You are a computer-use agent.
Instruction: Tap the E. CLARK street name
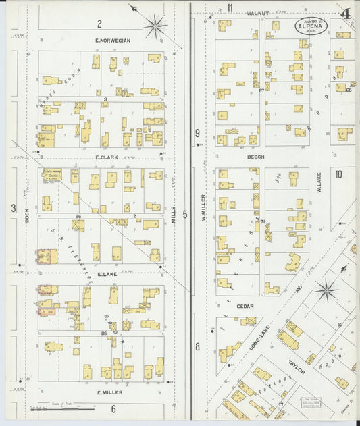(x=107, y=157)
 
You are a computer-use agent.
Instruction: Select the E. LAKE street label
(x=107, y=274)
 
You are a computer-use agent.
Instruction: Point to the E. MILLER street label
(x=109, y=392)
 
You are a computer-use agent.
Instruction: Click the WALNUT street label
(x=257, y=13)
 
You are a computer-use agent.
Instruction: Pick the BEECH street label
(x=255, y=157)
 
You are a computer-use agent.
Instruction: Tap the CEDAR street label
(x=245, y=306)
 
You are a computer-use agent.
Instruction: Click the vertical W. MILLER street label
(x=202, y=207)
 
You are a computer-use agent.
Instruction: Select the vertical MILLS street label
(x=174, y=214)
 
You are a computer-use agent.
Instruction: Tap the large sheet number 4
(x=345, y=14)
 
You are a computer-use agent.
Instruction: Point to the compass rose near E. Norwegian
(x=155, y=26)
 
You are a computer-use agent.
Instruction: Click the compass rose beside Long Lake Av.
(x=326, y=291)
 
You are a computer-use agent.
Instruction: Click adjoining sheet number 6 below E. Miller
(x=113, y=408)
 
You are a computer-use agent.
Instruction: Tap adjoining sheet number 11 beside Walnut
(x=230, y=8)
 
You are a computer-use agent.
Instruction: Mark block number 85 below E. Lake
(x=105, y=334)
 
